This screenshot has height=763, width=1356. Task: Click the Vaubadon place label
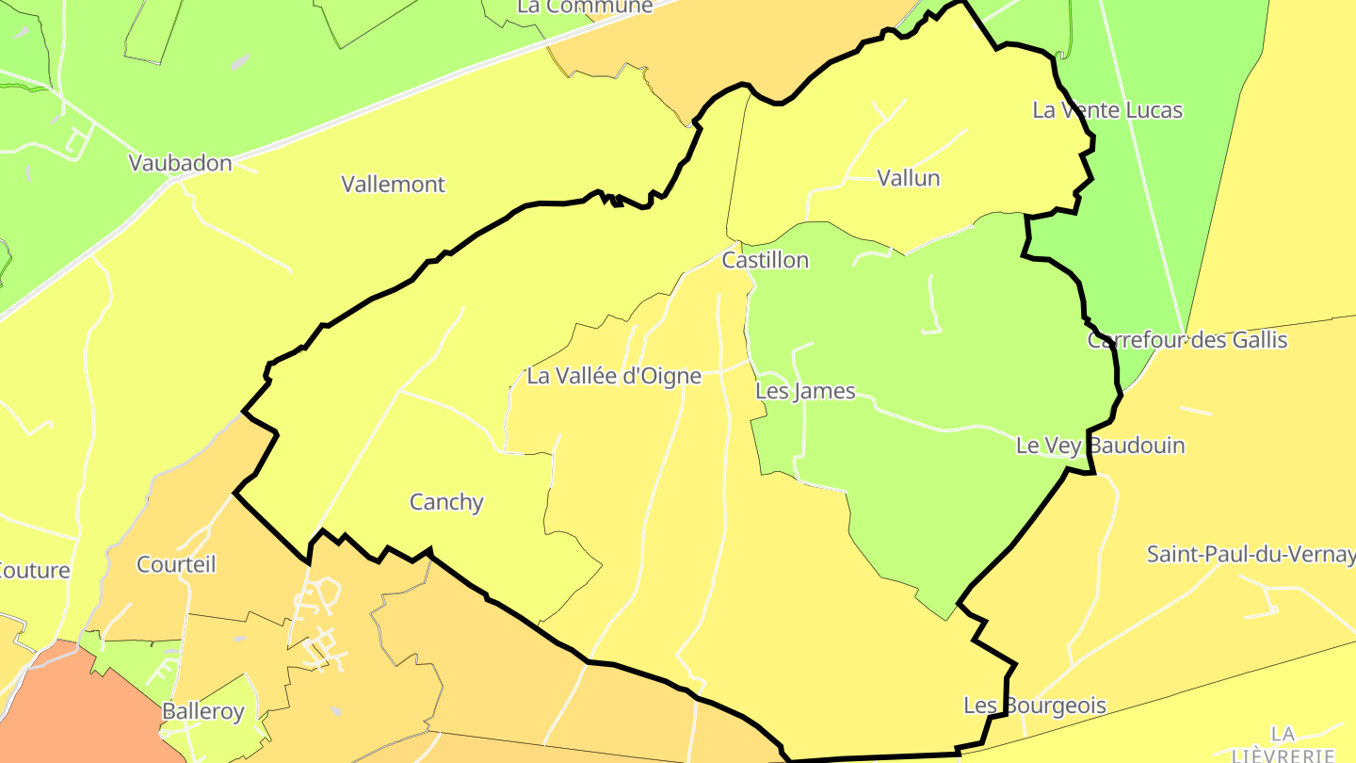coord(180,163)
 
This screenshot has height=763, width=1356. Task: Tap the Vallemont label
coord(393,184)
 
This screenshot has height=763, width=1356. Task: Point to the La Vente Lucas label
coord(1106,110)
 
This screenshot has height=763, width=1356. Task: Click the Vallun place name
coord(908,178)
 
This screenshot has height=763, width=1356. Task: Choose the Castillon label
coord(765,260)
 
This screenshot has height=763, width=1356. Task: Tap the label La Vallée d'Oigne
coord(614,376)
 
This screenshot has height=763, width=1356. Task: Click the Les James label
coord(805,391)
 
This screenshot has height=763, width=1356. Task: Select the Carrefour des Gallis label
coord(1186,340)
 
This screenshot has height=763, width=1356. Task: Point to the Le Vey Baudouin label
coord(1100,446)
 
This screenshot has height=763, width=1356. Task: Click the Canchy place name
coord(446,502)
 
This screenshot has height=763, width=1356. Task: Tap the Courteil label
coord(176,564)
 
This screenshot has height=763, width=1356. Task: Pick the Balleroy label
coord(203,711)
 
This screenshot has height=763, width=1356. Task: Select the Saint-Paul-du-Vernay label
coord(1250,554)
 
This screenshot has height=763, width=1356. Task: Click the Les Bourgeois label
coord(1034,706)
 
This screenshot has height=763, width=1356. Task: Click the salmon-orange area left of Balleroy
coord(75,706)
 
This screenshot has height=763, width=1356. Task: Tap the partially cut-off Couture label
coord(34,571)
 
